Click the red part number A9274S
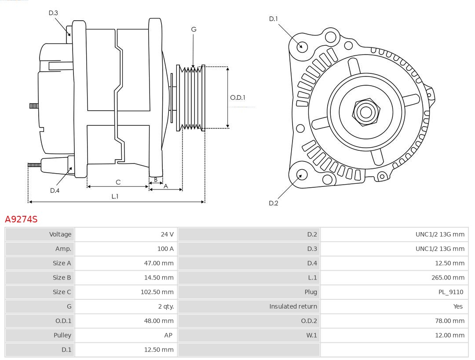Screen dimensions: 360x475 point(21,219)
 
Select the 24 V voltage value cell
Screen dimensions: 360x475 point(167,234)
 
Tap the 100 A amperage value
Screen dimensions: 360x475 point(165,249)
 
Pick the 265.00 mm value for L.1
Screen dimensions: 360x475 point(448,277)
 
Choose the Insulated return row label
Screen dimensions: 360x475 point(293,306)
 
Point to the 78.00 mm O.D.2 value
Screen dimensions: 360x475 point(449,321)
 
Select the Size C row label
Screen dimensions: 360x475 point(62,292)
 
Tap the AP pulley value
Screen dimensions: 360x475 point(168,335)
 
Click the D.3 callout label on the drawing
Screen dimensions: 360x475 point(53,13)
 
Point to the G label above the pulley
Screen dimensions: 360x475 point(194,29)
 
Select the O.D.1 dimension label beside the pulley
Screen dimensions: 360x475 point(237,98)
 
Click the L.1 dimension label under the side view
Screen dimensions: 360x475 point(115,196)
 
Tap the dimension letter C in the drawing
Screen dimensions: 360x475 point(118,182)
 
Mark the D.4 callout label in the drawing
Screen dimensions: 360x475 point(55,190)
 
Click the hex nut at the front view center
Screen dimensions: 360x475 point(366,112)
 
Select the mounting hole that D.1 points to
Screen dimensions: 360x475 point(302,46)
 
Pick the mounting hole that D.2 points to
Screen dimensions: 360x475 point(301,175)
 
